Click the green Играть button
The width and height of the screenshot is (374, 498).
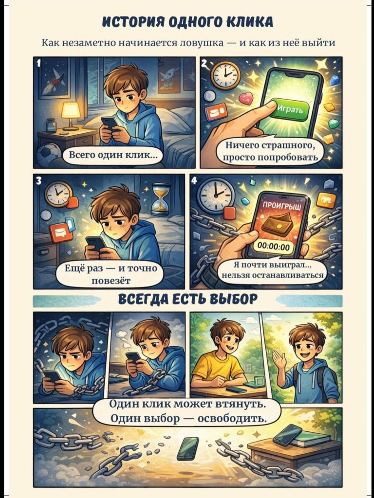pyautogui.click(x=290, y=109)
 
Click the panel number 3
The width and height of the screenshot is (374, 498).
pyautogui.click(x=38, y=181)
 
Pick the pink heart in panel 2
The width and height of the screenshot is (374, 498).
pyautogui.click(x=246, y=98)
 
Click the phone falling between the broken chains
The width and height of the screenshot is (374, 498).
pyautogui.click(x=187, y=448)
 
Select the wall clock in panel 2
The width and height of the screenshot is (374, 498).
pyautogui.click(x=225, y=75)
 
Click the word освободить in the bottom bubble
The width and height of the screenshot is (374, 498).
pyautogui.click(x=232, y=419)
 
